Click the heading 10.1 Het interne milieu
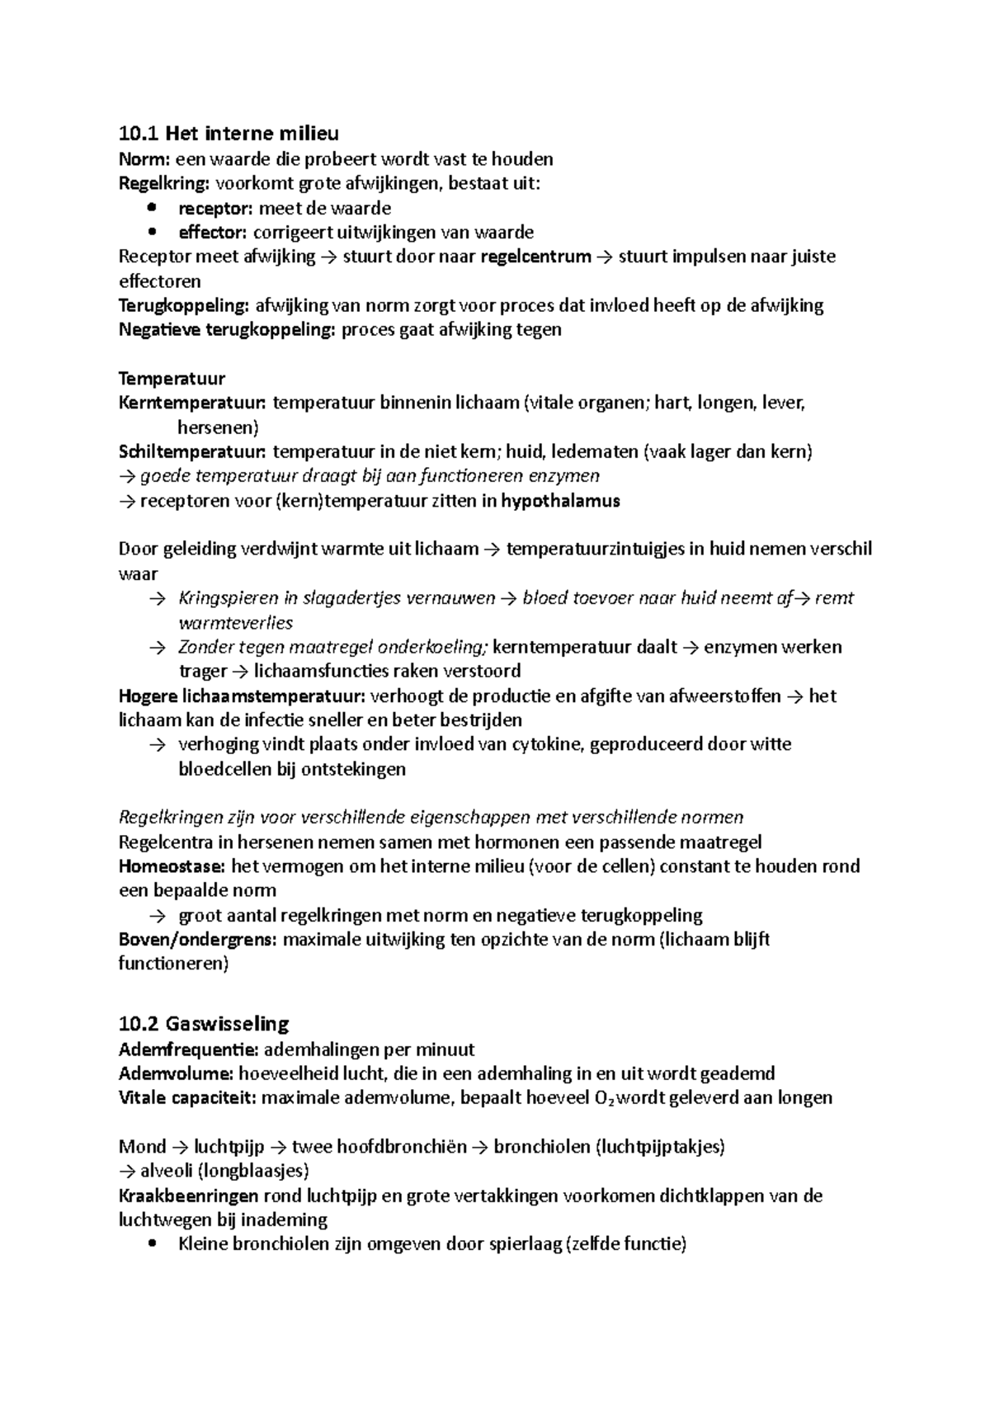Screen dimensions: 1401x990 (x=229, y=133)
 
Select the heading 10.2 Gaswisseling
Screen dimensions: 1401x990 (x=204, y=1024)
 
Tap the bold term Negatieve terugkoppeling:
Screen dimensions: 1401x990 (x=227, y=330)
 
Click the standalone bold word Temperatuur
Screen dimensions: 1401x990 (x=172, y=379)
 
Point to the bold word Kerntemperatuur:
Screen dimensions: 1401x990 (x=192, y=403)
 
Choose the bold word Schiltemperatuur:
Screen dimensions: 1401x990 (x=192, y=452)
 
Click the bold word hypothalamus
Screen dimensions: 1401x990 (x=560, y=501)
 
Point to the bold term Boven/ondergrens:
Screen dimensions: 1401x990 (x=198, y=939)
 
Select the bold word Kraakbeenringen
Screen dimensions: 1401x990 (x=189, y=1196)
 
